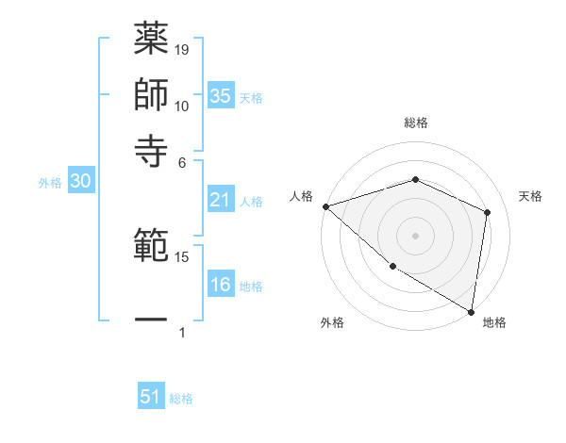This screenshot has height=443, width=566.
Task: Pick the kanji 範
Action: (x=151, y=248)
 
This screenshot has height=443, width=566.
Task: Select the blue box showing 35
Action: (x=221, y=95)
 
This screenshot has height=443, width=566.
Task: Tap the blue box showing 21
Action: (x=221, y=200)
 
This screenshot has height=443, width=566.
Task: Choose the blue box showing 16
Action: (x=221, y=285)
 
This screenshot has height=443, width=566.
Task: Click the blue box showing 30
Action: (x=80, y=182)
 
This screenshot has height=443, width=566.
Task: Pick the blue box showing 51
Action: (x=151, y=397)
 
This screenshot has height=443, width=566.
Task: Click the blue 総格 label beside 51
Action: (x=181, y=399)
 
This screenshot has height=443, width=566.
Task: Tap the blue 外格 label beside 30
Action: (x=50, y=184)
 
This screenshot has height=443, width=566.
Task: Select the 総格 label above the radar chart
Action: (x=415, y=123)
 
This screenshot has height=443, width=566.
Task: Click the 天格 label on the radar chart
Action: (x=530, y=196)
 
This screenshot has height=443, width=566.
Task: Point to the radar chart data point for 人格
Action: (x=325, y=206)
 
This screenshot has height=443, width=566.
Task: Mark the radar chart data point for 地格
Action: (x=471, y=311)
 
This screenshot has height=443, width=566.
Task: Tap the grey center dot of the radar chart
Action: (x=415, y=236)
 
